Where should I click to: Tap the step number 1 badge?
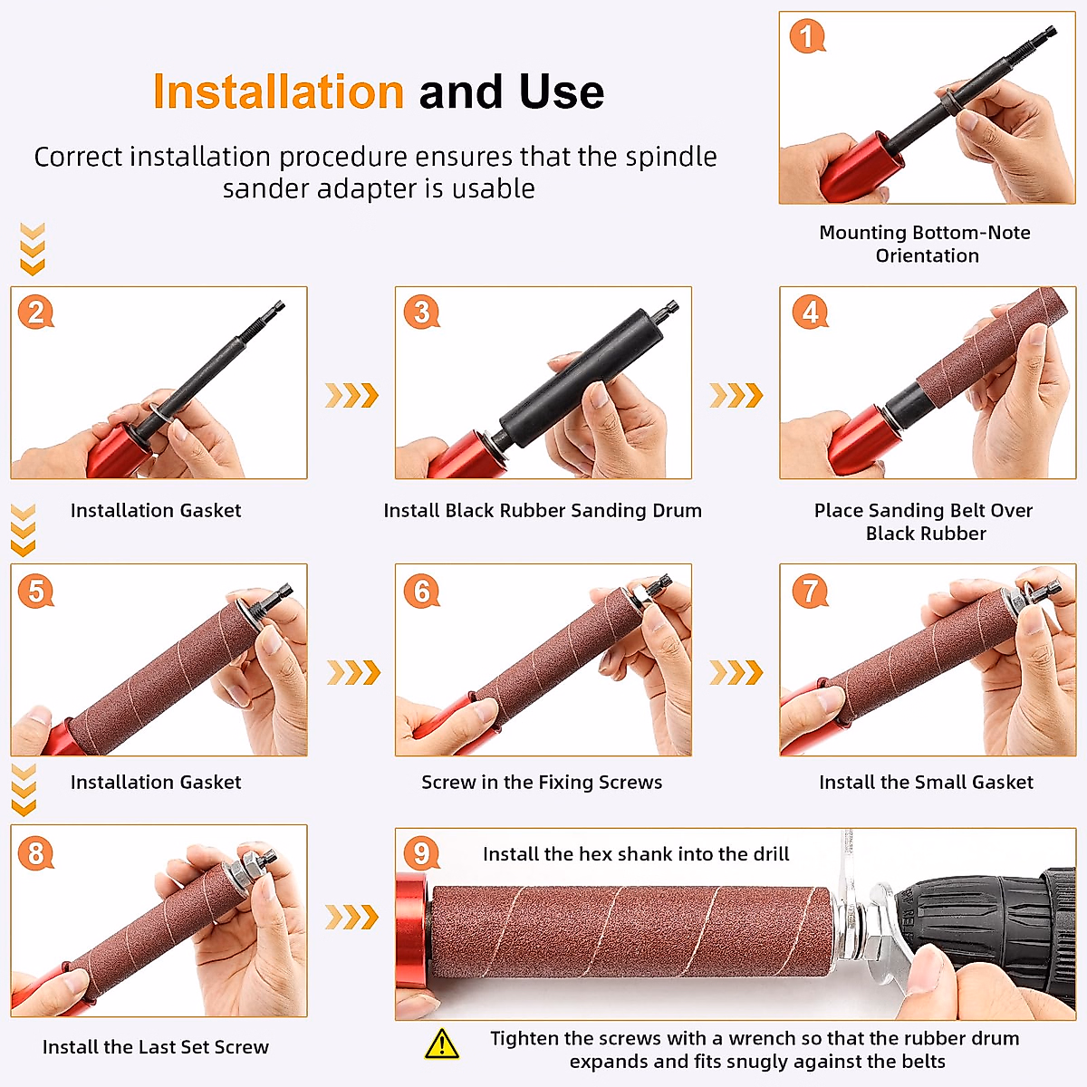point(807,36)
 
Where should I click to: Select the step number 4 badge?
point(810,312)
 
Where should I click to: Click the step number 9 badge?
point(421,852)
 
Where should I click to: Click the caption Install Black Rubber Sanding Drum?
point(543,510)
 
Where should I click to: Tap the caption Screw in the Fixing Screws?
point(542,782)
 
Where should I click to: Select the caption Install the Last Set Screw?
point(156,1046)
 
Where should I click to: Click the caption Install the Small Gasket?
point(927,782)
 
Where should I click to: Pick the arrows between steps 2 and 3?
point(351,395)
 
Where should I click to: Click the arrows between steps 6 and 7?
point(736,672)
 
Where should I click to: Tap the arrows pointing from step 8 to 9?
point(351,918)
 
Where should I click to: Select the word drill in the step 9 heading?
point(770,853)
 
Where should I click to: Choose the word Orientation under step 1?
point(928,255)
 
